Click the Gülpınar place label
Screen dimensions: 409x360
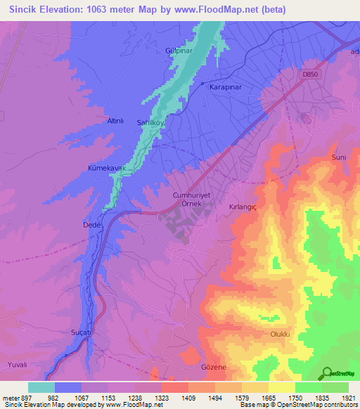pyautogui.click(x=198, y=51)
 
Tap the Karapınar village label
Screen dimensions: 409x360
pyautogui.click(x=226, y=86)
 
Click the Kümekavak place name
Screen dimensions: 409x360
pyautogui.click(x=106, y=169)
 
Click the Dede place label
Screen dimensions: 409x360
pyautogui.click(x=92, y=225)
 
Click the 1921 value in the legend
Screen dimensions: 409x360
pyautogui.click(x=347, y=397)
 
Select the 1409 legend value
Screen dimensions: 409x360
pyautogui.click(x=188, y=397)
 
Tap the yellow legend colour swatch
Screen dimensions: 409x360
pyautogui.click(x=281, y=387)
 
